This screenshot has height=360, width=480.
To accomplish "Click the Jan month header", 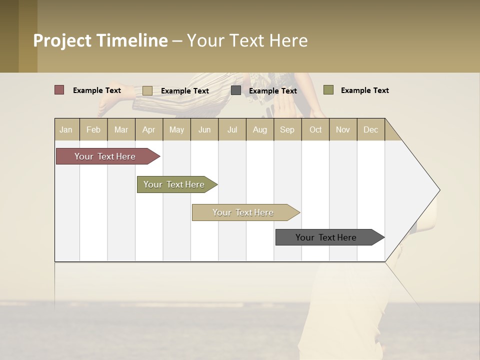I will [66, 129].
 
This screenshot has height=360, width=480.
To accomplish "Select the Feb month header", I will [93, 129].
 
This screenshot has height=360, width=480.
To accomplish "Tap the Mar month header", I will [121, 129].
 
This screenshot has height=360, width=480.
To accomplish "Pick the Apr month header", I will [149, 129].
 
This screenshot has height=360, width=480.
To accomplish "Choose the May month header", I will [176, 129].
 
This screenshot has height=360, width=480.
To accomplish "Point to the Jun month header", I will [204, 129].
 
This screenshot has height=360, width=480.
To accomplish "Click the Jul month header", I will [232, 129].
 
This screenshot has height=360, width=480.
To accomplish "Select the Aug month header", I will [260, 129].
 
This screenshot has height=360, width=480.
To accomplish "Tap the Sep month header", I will [287, 129].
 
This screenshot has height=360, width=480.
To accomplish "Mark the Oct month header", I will [315, 129].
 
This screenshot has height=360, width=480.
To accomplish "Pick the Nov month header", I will [343, 129].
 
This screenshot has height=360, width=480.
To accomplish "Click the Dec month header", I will [370, 129].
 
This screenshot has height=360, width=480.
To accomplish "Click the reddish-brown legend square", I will [59, 90].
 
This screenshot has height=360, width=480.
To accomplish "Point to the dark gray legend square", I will [236, 90].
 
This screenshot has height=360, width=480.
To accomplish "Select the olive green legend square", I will [328, 90].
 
